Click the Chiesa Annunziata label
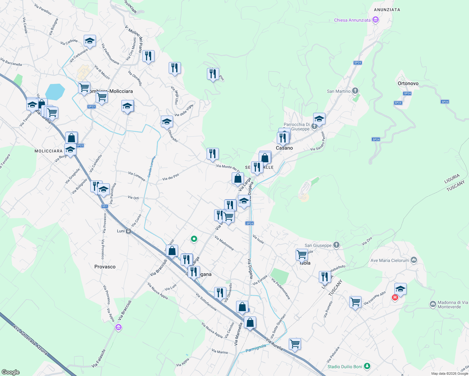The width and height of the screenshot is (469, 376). coord(352,20)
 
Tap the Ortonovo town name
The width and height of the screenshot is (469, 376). coord(408,83)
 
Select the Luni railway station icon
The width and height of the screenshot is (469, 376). coord(128,231)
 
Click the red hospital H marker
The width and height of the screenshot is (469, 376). coord(395,297)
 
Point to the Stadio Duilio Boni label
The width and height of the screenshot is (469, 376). coord(345,367)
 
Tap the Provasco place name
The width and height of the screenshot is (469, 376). coord(105,267)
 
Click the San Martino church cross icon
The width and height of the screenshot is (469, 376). coord(355,91)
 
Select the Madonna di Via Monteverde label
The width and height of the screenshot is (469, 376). coord(453,305)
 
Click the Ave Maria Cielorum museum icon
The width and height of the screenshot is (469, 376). coord(414,260)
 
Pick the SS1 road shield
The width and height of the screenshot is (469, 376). coord(105,206)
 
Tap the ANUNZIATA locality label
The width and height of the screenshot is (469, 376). coord(387,10)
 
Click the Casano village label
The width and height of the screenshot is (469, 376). coord(284,148)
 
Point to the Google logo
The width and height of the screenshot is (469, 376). coord(10,372)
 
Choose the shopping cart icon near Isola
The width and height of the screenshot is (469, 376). coord(302,254)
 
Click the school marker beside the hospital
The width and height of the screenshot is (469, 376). coord(400,289)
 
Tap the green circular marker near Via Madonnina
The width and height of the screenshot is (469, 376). coord(194,239)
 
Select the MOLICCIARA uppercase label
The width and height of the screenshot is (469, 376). coord(49,151)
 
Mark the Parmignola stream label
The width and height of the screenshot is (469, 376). coord(256,348)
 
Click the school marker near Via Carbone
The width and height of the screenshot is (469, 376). coord(90,41)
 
